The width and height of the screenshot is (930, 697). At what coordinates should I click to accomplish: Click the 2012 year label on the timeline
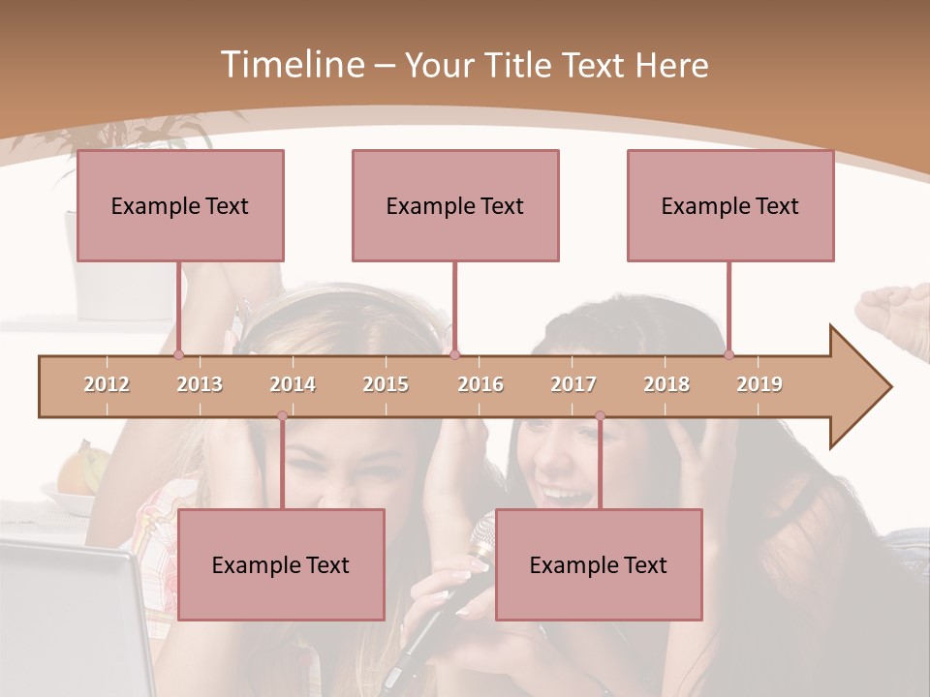click(107, 384)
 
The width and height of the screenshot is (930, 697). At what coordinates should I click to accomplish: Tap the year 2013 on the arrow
click(200, 384)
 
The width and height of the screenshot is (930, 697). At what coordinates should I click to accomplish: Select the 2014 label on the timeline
click(293, 384)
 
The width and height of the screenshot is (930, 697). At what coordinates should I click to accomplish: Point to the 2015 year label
click(386, 384)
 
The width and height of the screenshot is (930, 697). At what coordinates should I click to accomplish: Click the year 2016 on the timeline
click(480, 384)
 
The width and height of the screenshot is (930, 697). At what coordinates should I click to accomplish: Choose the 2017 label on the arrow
click(573, 384)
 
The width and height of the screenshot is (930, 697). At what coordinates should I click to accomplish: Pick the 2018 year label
click(666, 384)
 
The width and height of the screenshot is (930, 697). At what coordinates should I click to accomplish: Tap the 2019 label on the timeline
click(759, 384)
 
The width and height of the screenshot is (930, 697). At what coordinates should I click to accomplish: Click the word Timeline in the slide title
click(291, 65)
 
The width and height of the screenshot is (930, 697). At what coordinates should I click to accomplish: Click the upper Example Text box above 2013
click(180, 205)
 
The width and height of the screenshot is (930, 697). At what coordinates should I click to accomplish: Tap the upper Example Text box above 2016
click(455, 205)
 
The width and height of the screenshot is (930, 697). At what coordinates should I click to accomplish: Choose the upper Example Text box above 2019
click(730, 205)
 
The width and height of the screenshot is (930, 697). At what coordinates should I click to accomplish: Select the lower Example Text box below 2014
click(281, 564)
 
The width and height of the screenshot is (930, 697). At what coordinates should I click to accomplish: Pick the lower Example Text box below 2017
click(599, 564)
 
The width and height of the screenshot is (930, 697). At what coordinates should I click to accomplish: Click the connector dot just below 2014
click(282, 416)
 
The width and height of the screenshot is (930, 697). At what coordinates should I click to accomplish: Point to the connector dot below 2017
click(600, 416)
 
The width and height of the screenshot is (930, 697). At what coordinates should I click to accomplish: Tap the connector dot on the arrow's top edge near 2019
click(728, 354)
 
